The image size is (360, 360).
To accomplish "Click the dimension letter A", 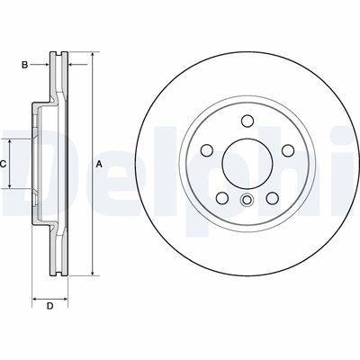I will pos(98,163).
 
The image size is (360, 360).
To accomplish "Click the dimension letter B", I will pos(27,64).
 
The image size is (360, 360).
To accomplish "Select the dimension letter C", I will pos(4,163).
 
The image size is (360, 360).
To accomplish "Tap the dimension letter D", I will pos(49,307).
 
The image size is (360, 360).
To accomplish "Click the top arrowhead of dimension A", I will pos(91,56).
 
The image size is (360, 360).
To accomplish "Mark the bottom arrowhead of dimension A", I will pos(91,272).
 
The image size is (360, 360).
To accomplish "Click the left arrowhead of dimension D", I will pos(35,294).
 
